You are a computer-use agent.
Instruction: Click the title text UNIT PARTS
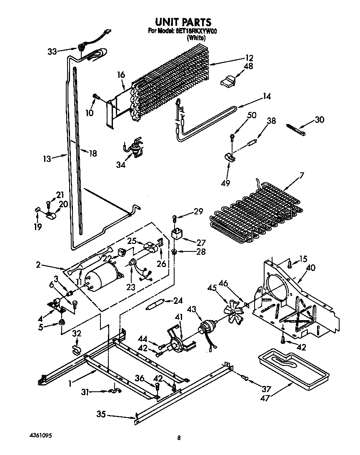183,22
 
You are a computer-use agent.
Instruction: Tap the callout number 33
52,52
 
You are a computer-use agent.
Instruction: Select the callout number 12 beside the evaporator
249,58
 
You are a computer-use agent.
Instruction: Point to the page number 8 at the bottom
179,438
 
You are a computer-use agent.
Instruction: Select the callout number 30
319,120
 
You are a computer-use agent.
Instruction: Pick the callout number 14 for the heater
266,97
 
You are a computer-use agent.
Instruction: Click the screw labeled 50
232,136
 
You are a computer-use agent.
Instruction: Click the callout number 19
38,227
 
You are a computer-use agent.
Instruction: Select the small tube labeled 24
155,306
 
